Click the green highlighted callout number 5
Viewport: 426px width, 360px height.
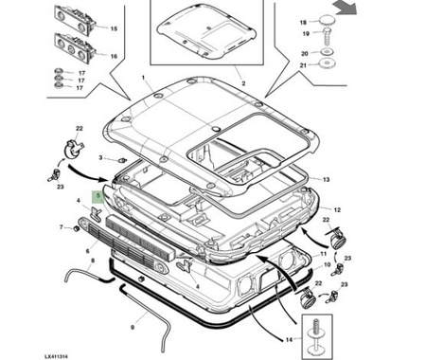(98, 196)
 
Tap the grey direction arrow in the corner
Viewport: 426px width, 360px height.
(346, 8)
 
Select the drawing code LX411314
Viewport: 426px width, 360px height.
(56, 356)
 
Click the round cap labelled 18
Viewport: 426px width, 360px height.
(328, 20)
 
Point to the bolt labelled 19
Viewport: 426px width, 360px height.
(328, 36)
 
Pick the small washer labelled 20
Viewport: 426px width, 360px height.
(327, 51)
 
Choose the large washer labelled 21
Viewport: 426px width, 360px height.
(327, 64)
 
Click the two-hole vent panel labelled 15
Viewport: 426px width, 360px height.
(75, 20)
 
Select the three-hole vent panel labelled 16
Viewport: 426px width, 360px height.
(75, 48)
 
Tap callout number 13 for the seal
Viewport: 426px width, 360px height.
(326, 179)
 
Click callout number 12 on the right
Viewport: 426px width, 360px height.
(337, 209)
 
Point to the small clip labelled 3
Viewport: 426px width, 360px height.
(121, 161)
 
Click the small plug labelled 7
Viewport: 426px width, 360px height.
(76, 228)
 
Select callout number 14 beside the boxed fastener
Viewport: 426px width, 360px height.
(289, 340)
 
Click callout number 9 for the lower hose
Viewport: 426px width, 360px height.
(133, 328)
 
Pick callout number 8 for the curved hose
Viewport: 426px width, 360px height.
(93, 261)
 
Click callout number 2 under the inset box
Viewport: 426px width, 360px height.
(243, 83)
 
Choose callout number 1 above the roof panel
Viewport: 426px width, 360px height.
(143, 78)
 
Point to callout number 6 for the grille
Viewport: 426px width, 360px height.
(88, 251)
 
